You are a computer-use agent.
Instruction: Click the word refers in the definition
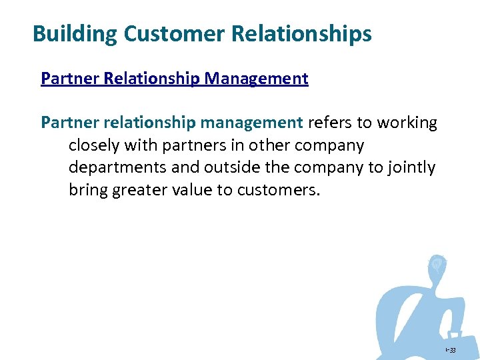[331, 123]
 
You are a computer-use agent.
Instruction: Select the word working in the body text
[407, 123]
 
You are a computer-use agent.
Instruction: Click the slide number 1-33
[451, 349]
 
